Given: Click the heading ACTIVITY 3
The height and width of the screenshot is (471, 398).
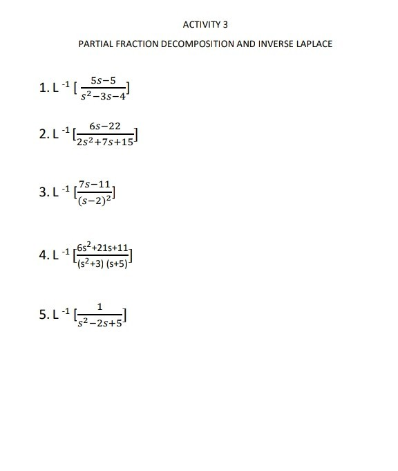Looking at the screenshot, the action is tap(205, 24).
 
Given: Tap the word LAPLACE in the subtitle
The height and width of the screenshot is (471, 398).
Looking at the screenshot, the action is tap(312, 44).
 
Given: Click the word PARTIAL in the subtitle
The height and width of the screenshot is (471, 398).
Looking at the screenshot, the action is tap(95, 44).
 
